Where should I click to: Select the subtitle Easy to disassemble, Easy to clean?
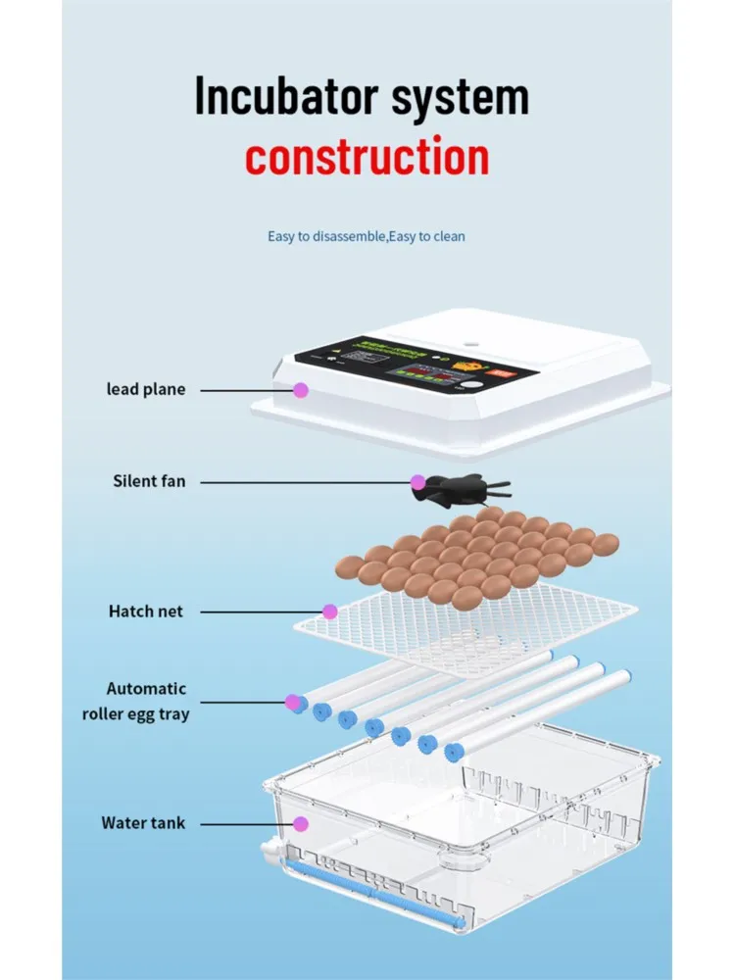(367, 236)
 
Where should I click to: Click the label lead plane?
(145, 389)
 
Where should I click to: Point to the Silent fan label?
(148, 481)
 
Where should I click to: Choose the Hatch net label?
(145, 612)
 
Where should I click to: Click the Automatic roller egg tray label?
(135, 702)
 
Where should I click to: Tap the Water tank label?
(143, 823)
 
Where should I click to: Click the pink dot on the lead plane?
(301, 390)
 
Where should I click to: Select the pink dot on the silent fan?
(417, 482)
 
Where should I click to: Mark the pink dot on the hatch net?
(330, 612)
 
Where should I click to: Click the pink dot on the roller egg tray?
(292, 702)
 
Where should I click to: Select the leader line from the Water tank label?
(245, 823)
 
